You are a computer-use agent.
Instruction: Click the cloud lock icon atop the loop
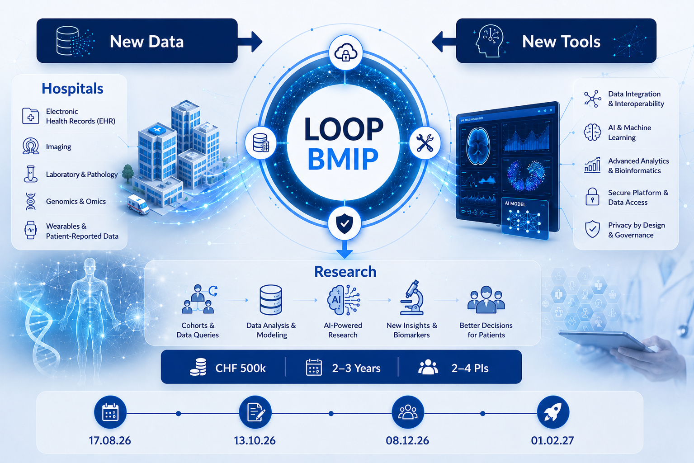(x=345, y=52)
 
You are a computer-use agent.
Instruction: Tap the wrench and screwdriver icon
(x=425, y=143)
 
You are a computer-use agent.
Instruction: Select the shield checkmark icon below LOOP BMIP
(x=345, y=223)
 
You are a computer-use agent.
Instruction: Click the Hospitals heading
(x=72, y=89)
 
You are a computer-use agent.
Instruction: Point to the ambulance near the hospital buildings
(x=138, y=204)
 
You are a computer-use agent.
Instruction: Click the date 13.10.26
(x=255, y=440)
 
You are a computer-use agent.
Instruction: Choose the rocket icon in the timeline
(x=553, y=412)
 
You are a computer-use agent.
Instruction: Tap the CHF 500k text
(x=241, y=368)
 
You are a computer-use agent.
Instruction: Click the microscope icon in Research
(x=412, y=298)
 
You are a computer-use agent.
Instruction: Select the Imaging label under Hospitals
(x=59, y=146)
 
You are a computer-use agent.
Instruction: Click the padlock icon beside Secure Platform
(x=592, y=197)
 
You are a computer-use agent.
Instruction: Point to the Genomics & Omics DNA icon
(x=31, y=202)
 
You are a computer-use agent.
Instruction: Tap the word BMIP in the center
(x=343, y=159)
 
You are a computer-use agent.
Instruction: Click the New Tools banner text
(x=561, y=42)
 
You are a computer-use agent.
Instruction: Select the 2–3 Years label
(x=356, y=368)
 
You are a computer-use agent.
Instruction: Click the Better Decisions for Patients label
(x=486, y=330)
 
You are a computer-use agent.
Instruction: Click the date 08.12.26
(x=407, y=440)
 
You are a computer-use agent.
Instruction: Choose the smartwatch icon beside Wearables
(x=30, y=230)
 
